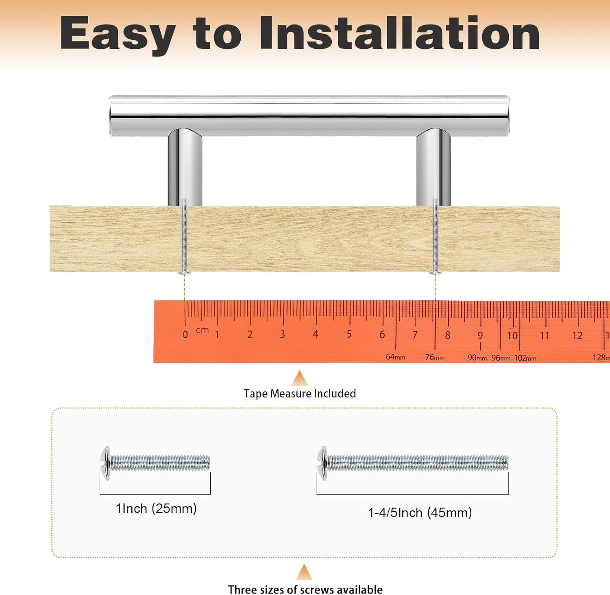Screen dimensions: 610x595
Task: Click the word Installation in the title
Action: click(x=400, y=34)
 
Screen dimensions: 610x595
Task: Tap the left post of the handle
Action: click(x=185, y=167)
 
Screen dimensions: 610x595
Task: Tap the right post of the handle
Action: click(x=433, y=167)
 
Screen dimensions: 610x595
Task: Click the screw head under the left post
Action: click(x=185, y=273)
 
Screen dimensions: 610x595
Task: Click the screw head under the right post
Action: click(x=435, y=273)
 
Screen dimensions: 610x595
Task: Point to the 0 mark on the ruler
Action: click(x=185, y=334)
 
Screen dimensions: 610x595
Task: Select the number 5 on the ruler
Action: click(x=349, y=334)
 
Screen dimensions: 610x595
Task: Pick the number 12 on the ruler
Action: click(x=577, y=335)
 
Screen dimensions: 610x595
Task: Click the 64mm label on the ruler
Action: click(x=395, y=357)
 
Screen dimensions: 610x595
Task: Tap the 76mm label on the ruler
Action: click(x=435, y=357)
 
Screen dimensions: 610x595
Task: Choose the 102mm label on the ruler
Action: click(x=525, y=358)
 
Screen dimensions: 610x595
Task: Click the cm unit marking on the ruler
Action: click(x=202, y=330)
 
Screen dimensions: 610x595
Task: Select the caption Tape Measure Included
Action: click(x=300, y=393)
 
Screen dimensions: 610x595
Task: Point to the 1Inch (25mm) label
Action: click(x=156, y=508)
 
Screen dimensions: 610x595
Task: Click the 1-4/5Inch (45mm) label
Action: click(x=420, y=512)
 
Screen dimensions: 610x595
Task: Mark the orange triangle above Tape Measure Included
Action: click(x=300, y=378)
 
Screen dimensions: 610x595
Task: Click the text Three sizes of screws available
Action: click(x=305, y=589)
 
